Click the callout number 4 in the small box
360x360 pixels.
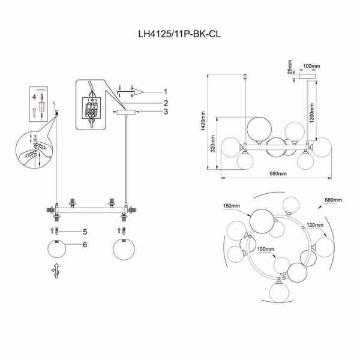34,96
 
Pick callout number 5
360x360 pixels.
85,231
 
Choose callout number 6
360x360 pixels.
85,245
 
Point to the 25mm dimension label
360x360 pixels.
289,66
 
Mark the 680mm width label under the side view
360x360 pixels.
277,174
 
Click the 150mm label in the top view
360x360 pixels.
232,206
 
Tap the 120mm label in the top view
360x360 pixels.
314,226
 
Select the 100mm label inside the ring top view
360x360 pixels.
265,248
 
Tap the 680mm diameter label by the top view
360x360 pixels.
332,199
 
